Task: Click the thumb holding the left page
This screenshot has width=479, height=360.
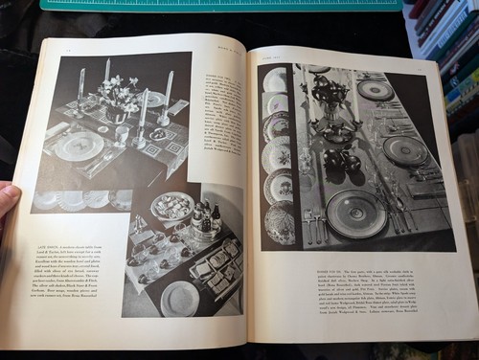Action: (x=7, y=198)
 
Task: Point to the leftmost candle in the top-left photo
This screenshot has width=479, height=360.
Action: (x=80, y=84)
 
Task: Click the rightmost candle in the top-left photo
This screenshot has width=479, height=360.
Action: (x=169, y=88)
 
